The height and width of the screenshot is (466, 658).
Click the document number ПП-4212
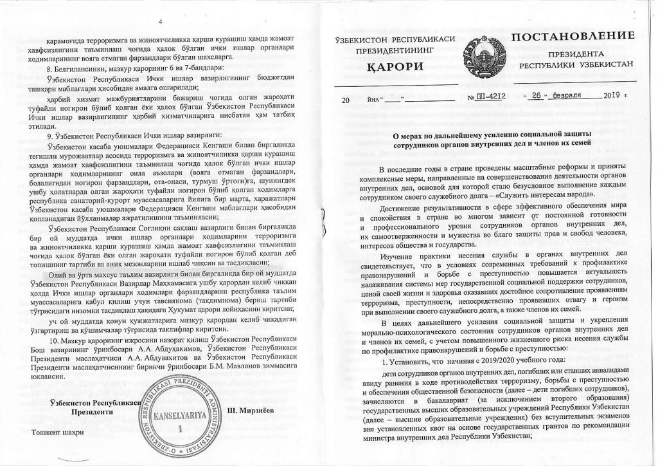(490, 95)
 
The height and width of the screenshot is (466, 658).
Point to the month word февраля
(566, 95)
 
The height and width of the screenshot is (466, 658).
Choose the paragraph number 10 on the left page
(54, 339)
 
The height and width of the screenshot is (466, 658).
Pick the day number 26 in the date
(536, 95)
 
